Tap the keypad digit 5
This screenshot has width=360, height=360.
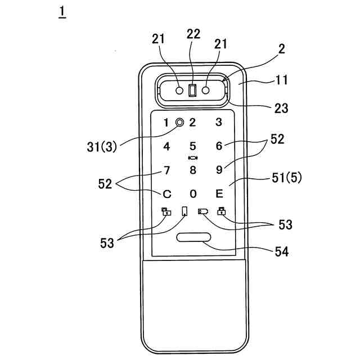193,146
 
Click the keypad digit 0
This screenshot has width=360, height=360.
193,194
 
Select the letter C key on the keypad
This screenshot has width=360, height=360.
166,194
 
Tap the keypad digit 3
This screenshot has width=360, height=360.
219,121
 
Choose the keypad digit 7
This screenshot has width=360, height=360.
166,170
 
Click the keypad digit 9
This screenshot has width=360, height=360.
219,170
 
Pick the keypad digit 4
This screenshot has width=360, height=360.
166,146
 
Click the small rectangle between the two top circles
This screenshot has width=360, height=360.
192,90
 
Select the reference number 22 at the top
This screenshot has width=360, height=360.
193,34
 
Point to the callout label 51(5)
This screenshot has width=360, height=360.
286,179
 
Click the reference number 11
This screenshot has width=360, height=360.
282,80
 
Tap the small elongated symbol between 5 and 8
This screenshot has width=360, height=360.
193,158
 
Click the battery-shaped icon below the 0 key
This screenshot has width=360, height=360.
202,211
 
